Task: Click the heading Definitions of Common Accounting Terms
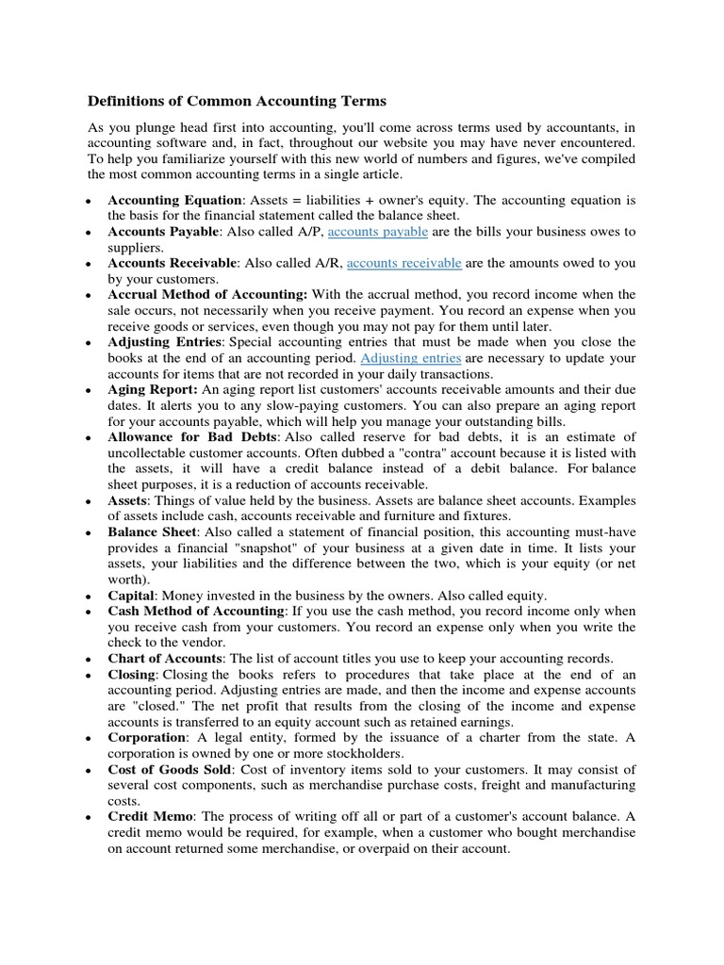pos(237,100)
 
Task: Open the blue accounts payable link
pos(377,232)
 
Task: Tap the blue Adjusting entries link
pos(411,359)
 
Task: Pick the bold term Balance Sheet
pos(152,532)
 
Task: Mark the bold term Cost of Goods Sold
pos(169,770)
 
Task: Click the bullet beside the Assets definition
pos(87,501)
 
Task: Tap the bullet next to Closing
pos(87,676)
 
